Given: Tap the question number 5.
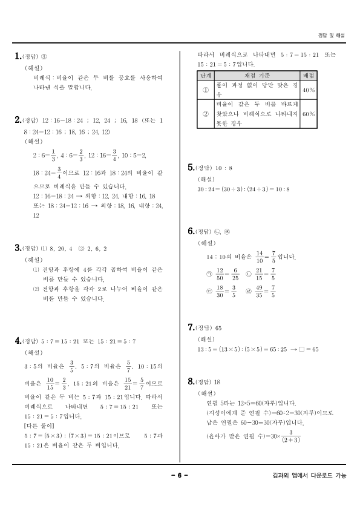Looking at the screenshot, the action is point(191,168).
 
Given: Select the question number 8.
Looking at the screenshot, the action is point(191,382).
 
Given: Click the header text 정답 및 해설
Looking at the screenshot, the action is point(332,35).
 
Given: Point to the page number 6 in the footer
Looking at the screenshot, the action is point(180,476).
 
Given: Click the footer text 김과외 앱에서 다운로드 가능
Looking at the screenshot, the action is point(310,476).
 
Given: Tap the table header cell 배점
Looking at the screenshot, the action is point(309,75).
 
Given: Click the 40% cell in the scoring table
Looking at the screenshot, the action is point(309,90).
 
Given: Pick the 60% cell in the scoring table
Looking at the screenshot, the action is point(309,114).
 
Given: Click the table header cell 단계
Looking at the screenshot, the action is point(205,75).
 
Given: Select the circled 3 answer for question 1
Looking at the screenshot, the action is point(44,57).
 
